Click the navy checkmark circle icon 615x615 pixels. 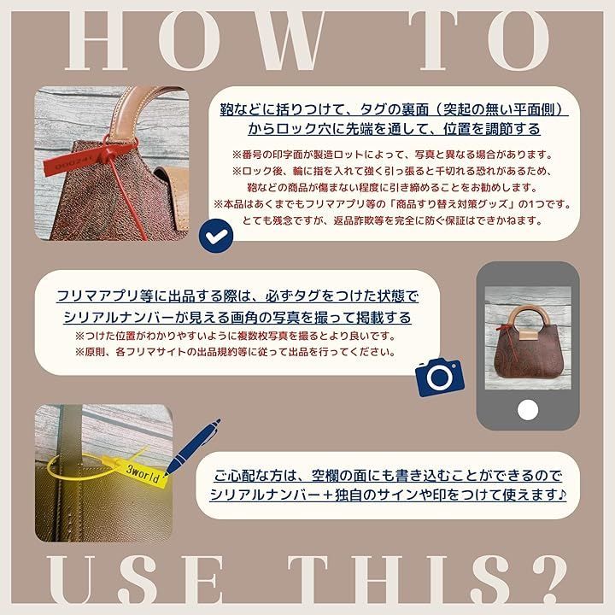pos(216,236)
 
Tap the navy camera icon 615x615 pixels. pos(440,377)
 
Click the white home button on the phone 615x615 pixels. pos(528,410)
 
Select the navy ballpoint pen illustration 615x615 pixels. pos(192,447)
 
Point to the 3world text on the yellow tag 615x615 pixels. pos(143,473)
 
